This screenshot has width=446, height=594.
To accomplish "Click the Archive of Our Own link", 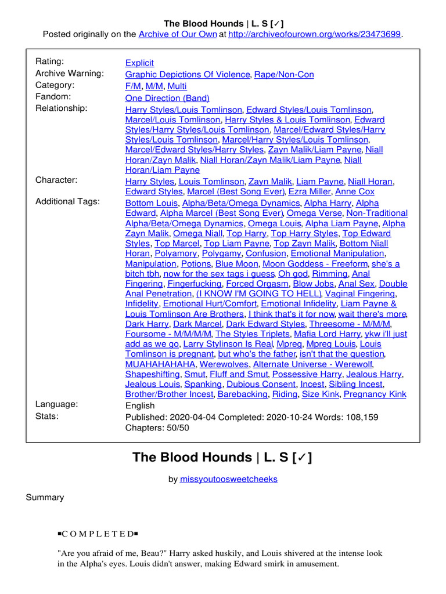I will [177, 34].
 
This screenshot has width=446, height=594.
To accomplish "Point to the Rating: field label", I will [50, 61].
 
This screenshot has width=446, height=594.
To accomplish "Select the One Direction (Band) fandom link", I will [167, 98].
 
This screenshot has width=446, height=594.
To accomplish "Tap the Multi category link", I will [177, 86].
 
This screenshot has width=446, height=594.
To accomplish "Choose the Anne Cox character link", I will [355, 191].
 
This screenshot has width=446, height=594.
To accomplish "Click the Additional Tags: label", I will [67, 201].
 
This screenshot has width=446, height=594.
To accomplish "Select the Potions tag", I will [196, 263].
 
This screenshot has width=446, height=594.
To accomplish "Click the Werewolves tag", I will [224, 364].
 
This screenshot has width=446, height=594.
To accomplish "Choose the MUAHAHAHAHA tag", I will [160, 364].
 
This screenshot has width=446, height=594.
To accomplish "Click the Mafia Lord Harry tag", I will [327, 334].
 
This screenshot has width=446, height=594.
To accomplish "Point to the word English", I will [140, 405].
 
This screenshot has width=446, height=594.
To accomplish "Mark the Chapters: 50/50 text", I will [157, 428].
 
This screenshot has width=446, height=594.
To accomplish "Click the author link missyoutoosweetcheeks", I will [229, 479].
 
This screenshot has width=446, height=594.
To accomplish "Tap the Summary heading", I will [45, 497].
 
